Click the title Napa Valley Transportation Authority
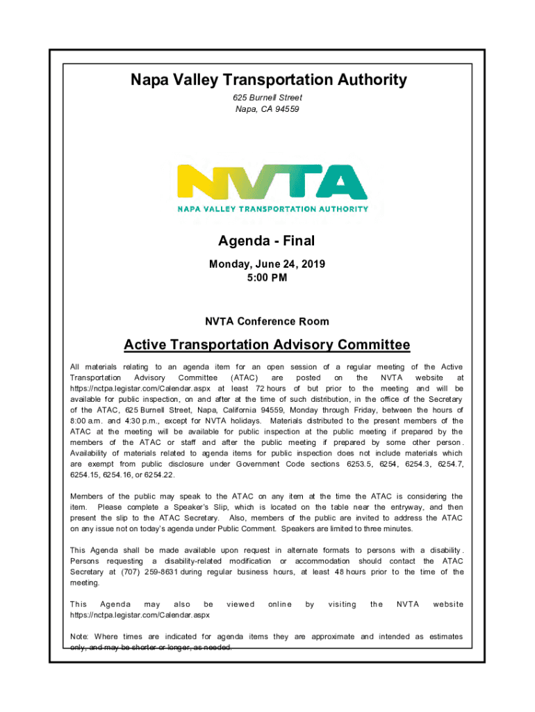click(x=268, y=81)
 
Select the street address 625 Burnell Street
click(x=267, y=98)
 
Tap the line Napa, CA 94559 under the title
click(x=267, y=110)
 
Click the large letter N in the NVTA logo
click(x=201, y=183)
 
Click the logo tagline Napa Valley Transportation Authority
click(x=272, y=209)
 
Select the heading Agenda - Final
click(x=267, y=241)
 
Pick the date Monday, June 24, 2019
click(x=267, y=265)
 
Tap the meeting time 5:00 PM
click(x=267, y=278)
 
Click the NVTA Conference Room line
click(x=267, y=322)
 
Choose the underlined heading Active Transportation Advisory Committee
click(x=267, y=345)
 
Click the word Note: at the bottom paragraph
click(x=81, y=636)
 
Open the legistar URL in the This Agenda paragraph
click(x=140, y=615)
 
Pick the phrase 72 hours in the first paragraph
click(x=271, y=389)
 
